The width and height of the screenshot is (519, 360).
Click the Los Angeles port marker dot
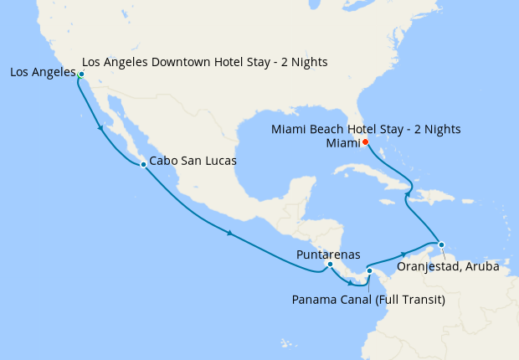point(81,75)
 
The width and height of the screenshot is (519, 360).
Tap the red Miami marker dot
point(365,142)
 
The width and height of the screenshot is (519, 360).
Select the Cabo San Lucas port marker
point(143,164)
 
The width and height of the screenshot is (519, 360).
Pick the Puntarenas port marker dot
point(330,265)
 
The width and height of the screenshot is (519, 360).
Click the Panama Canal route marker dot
point(369,270)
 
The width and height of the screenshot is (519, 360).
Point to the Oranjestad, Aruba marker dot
point(441,245)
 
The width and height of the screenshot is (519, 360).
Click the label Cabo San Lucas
point(193,160)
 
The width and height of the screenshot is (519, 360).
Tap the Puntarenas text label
point(328,254)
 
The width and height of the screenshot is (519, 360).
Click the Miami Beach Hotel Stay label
point(366,129)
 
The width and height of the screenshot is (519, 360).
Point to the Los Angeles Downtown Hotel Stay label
point(205,62)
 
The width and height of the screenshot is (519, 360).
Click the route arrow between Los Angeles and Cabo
point(101,128)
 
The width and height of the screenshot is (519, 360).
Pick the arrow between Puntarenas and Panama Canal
point(350,283)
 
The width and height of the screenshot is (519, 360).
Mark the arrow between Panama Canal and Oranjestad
point(403,253)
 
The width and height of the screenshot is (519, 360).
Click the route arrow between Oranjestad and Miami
point(409,195)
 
